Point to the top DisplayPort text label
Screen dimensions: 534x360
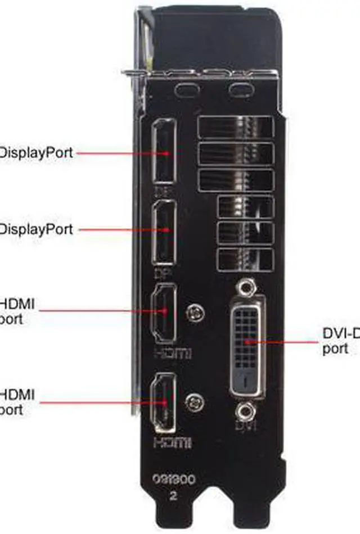pyautogui.click(x=36, y=152)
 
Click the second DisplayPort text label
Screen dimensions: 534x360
pyautogui.click(x=36, y=229)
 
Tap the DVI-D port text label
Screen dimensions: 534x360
pyautogui.click(x=341, y=341)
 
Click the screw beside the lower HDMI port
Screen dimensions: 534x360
pyautogui.click(x=195, y=401)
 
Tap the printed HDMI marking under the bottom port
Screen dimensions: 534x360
pyautogui.click(x=172, y=442)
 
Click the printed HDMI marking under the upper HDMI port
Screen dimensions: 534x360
pyautogui.click(x=172, y=354)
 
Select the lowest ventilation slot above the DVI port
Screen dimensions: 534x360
pyautogui.click(x=245, y=258)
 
